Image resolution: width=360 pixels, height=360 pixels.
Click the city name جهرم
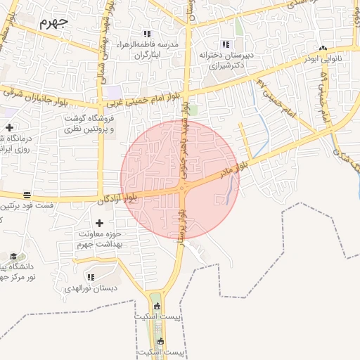coord(53,22)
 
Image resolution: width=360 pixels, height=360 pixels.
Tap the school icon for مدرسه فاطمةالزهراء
coord(147,33)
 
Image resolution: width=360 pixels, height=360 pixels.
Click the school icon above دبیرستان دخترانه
coord(226,44)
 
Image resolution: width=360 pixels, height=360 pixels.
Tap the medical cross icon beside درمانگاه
coord(9,127)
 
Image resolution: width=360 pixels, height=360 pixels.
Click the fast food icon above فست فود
coord(27,195)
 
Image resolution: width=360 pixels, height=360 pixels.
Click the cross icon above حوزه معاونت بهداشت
coord(99,223)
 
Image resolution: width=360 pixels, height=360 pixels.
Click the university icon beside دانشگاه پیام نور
coord(13,257)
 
